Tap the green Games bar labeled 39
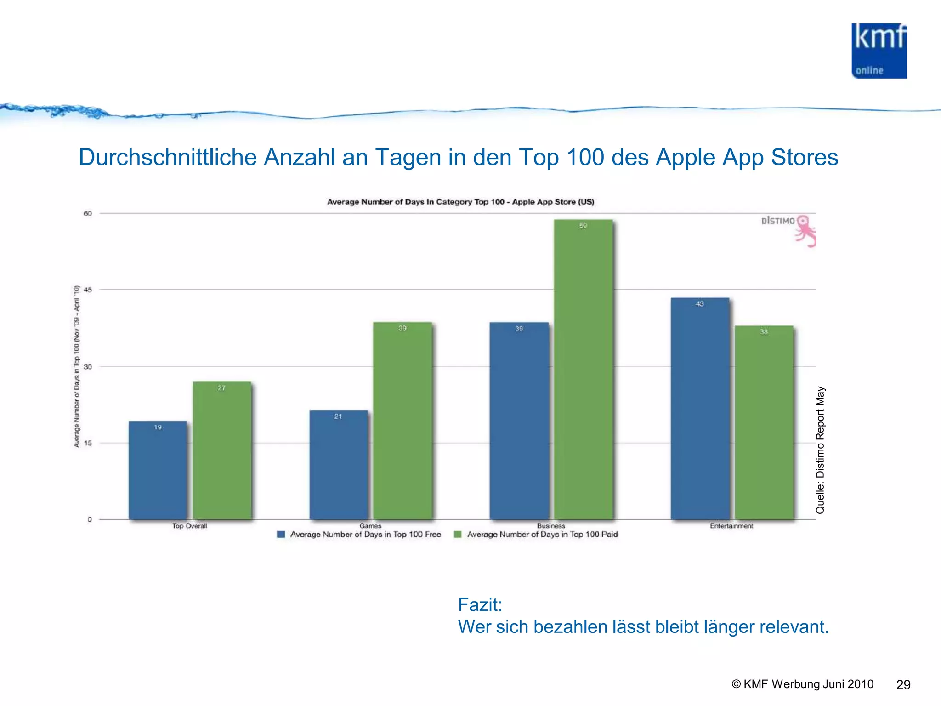(x=402, y=421)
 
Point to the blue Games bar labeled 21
(x=339, y=464)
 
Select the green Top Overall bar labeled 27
(x=222, y=450)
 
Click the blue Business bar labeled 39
(x=519, y=421)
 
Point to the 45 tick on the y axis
(x=87, y=290)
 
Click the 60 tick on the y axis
(x=87, y=213)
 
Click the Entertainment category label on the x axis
(x=731, y=526)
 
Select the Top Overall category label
(x=189, y=526)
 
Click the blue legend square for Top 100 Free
(x=281, y=534)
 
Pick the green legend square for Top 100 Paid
(x=458, y=534)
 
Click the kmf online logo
(x=879, y=51)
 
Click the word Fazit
(x=480, y=604)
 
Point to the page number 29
(x=903, y=685)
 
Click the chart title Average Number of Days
(x=460, y=202)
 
